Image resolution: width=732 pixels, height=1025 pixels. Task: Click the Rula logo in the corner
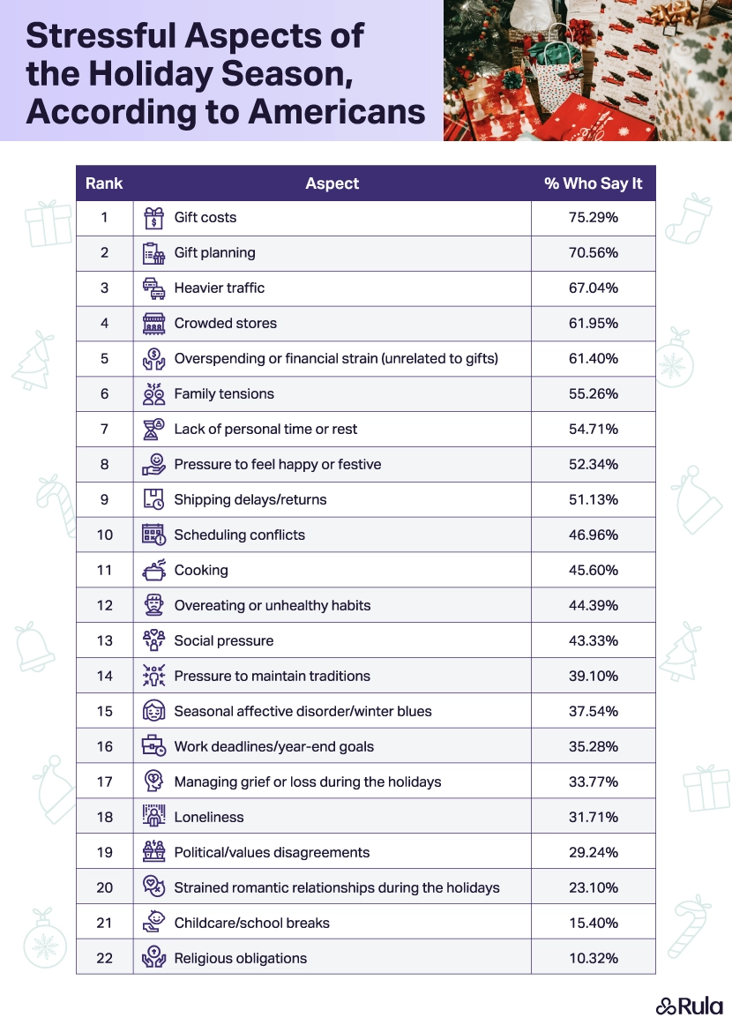(689, 1006)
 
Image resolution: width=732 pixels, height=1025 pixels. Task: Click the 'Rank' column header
(104, 183)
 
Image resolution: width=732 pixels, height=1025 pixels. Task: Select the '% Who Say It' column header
(593, 183)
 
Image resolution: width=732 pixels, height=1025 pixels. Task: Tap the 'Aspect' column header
(332, 183)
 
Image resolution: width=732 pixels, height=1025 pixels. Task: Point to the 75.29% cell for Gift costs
(593, 218)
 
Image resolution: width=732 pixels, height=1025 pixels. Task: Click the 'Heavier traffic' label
(219, 288)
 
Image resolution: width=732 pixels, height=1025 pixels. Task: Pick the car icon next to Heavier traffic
(153, 288)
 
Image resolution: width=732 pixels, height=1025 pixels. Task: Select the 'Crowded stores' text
(225, 324)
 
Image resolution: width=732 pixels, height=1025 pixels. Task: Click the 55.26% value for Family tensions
(593, 394)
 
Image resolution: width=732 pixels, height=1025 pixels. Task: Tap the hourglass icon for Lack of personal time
(153, 430)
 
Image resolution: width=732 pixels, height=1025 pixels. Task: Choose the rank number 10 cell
(104, 535)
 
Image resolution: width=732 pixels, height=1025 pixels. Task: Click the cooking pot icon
(153, 571)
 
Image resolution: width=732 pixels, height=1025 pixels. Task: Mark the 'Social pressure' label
(223, 641)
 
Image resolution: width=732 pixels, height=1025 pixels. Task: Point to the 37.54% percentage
(593, 712)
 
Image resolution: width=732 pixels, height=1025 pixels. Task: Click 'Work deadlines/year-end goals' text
(273, 747)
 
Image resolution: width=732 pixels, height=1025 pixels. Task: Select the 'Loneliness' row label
(208, 818)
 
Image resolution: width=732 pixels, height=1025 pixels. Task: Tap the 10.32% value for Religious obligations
(593, 959)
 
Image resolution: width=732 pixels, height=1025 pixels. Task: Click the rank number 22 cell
(104, 959)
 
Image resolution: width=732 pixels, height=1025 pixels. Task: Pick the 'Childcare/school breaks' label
(251, 924)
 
